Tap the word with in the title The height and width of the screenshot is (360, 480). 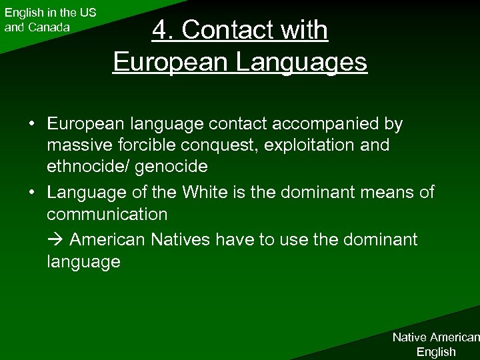[302, 30]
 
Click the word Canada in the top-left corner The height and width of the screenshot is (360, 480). [49, 27]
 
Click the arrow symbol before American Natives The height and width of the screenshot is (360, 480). [55, 239]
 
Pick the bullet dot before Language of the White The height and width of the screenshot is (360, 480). [31, 193]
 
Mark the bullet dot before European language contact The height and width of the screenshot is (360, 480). [31, 124]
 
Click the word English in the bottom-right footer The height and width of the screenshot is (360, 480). [436, 351]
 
